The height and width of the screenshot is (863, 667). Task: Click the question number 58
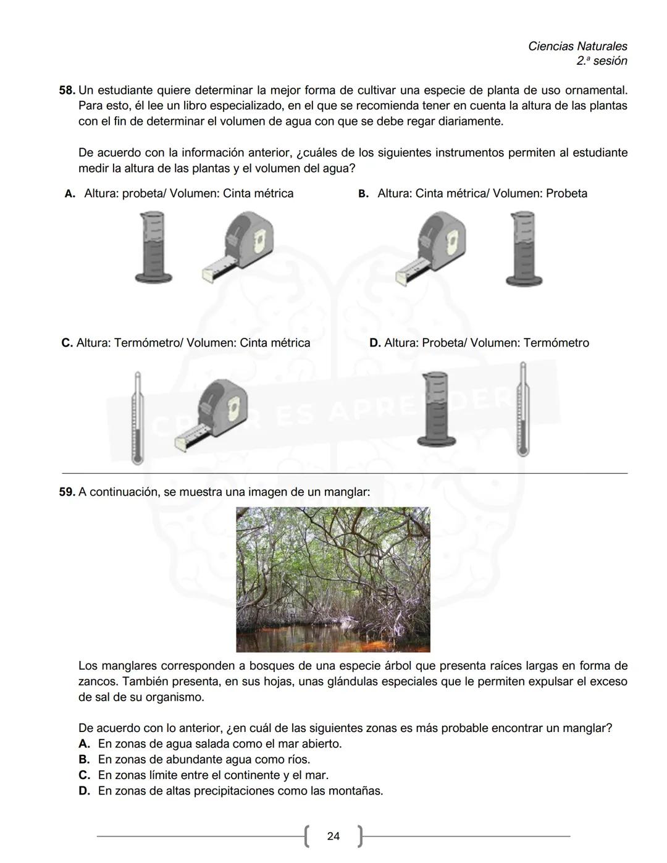point(67,90)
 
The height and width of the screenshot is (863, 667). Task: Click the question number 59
point(67,492)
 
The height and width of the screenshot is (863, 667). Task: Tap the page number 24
point(333,836)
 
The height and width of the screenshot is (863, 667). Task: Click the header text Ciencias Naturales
point(577,46)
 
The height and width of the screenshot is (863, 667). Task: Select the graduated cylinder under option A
point(153,247)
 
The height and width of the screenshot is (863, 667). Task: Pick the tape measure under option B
point(431,247)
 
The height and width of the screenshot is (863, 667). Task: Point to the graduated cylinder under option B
point(524,248)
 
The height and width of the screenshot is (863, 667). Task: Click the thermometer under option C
point(137,418)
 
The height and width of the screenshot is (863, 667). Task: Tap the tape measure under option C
point(212,415)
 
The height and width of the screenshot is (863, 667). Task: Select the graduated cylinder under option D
point(437,409)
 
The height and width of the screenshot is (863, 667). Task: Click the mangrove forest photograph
point(333,579)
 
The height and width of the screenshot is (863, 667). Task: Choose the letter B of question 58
point(363,194)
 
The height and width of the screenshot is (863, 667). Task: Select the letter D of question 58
point(374,343)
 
